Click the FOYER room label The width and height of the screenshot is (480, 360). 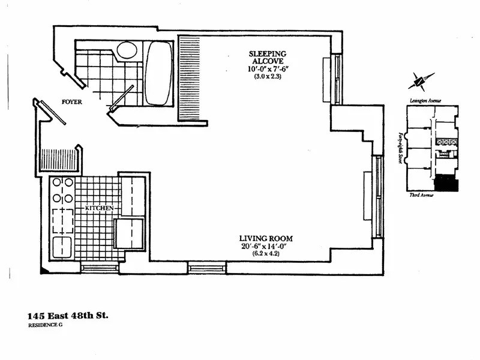pyautogui.click(x=71, y=102)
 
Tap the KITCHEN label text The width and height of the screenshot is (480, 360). pyautogui.click(x=99, y=208)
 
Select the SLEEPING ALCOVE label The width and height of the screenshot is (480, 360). pyautogui.click(x=268, y=58)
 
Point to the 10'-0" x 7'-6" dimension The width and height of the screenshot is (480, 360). pyautogui.click(x=268, y=70)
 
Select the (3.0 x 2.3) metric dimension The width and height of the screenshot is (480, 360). pyautogui.click(x=268, y=77)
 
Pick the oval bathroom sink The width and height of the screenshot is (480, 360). pyautogui.click(x=127, y=50)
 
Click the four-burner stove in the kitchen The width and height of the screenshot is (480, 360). pyautogui.click(x=62, y=190)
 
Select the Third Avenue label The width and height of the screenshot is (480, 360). pyautogui.click(x=422, y=196)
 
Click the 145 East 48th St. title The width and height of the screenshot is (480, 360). pyautogui.click(x=68, y=315)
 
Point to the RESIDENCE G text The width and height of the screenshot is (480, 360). pyautogui.click(x=45, y=325)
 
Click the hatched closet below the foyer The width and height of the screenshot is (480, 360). pyautogui.click(x=59, y=161)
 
